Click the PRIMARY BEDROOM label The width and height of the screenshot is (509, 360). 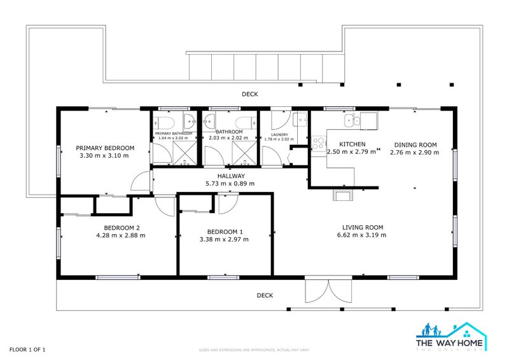tap(105, 146)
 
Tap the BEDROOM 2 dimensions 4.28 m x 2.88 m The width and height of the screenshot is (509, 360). tap(121, 235)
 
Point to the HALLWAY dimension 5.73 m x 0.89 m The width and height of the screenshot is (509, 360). tap(230, 184)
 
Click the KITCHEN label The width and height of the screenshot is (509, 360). tap(352, 144)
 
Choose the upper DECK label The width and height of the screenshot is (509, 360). tap(250, 94)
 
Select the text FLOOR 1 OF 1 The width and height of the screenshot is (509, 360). tap(27, 350)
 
